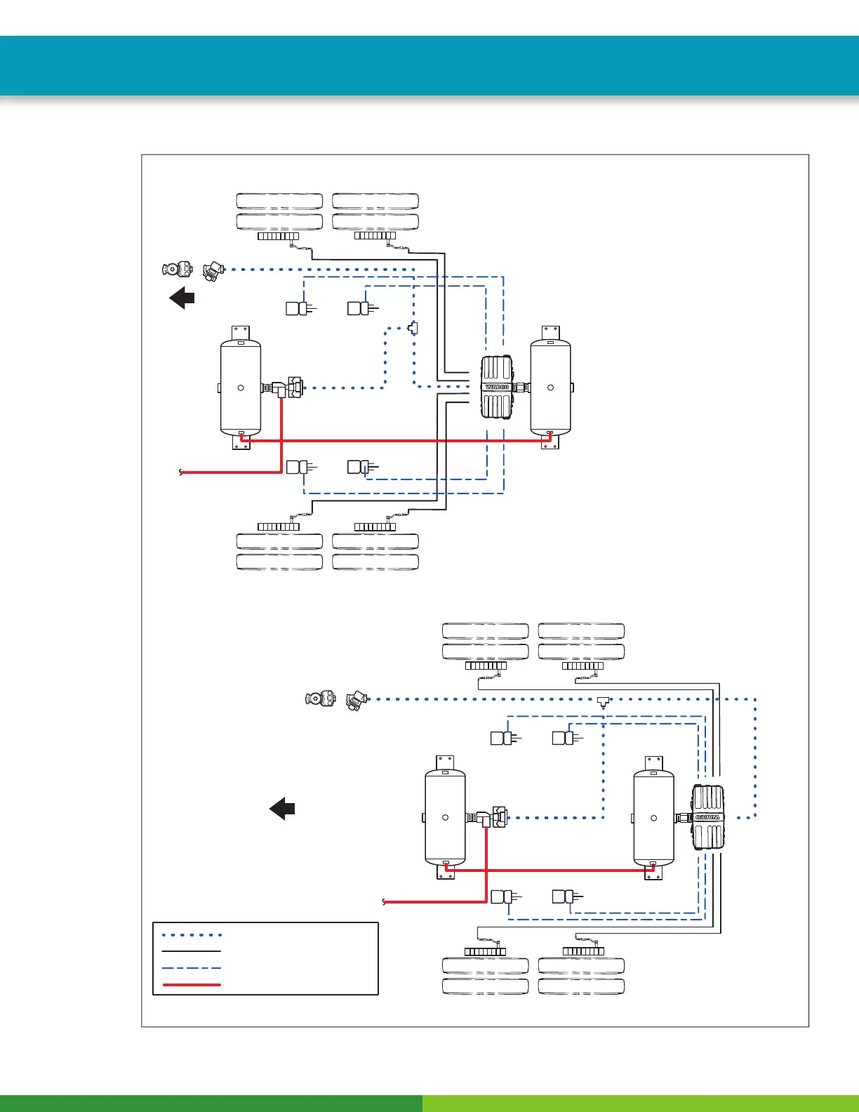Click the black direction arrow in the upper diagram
click(182, 298)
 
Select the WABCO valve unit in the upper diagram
click(497, 387)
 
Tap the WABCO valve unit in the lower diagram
click(708, 817)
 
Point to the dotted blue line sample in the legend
click(192, 935)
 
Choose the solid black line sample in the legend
click(192, 951)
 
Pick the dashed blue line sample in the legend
click(192, 968)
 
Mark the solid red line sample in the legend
click(192, 985)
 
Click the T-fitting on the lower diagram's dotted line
click(603, 701)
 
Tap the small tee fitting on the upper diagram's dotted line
click(413, 327)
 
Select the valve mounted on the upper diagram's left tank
click(288, 387)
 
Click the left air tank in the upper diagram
click(241, 387)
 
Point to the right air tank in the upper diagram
click(550, 387)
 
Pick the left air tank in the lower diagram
click(445, 817)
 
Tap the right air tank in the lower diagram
click(653, 817)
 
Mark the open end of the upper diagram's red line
click(181, 472)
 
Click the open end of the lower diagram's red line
click(384, 902)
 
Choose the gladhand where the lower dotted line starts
click(357, 700)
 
